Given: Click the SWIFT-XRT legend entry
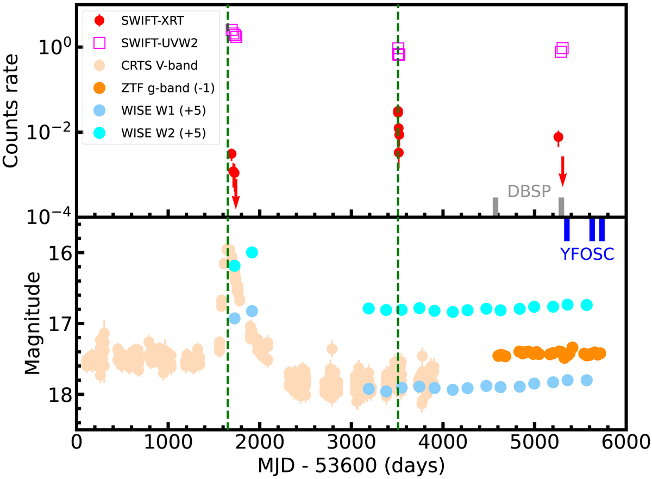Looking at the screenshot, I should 144,21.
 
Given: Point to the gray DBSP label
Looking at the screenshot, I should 529,191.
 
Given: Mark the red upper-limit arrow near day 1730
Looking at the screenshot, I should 235,194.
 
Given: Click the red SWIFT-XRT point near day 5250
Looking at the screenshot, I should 558,137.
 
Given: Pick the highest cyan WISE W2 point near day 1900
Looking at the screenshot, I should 252,252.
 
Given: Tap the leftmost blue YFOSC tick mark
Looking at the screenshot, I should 567,229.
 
